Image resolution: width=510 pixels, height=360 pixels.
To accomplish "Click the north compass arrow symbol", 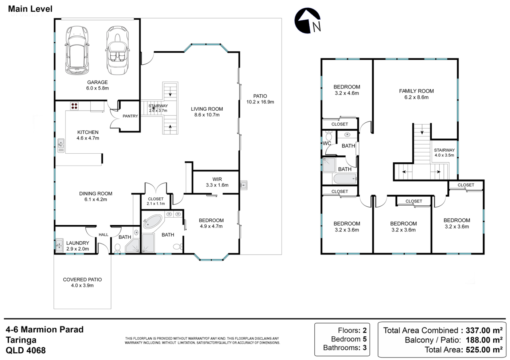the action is [307, 20].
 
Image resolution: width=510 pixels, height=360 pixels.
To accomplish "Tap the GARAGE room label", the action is [98, 82].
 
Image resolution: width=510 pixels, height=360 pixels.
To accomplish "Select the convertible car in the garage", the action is [117, 50].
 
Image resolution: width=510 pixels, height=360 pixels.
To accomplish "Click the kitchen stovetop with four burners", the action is [74, 106].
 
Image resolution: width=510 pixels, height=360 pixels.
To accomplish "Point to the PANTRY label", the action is [130, 116].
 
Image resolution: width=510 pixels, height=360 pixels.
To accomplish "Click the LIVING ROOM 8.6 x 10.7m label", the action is [207, 112].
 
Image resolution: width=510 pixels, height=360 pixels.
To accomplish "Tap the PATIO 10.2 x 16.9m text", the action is [260, 99].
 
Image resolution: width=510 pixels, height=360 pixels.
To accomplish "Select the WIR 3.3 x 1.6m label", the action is [217, 182].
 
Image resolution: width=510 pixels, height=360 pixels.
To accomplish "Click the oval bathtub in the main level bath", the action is [153, 221].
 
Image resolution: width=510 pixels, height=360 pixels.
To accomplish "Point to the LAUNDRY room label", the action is [78, 243].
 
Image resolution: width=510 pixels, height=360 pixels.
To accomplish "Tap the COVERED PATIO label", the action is [82, 280].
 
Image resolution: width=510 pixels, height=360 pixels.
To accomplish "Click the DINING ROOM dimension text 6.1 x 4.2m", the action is [95, 199].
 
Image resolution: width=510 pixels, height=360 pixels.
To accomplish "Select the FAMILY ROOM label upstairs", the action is [416, 91].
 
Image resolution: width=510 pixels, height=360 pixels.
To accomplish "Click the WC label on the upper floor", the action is [327, 143].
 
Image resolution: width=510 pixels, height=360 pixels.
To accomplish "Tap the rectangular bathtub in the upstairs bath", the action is [345, 179].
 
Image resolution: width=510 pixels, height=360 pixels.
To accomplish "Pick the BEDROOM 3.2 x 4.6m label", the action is [347, 90].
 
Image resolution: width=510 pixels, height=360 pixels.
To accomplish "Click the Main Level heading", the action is [30, 9].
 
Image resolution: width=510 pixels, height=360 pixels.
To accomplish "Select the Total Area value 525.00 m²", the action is [484, 349].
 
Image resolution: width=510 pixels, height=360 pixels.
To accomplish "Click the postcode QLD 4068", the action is [26, 351].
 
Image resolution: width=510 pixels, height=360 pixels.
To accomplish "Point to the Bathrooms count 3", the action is [365, 348].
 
